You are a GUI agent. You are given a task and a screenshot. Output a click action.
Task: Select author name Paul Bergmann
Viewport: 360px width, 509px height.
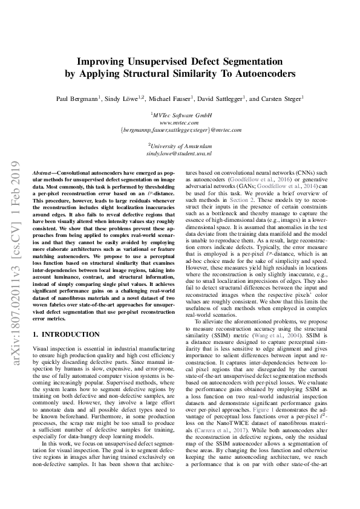[77, 98]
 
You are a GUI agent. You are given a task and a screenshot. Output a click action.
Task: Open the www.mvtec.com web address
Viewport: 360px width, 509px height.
[180, 122]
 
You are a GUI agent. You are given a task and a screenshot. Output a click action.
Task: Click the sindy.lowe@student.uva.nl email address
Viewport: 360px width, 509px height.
[180, 155]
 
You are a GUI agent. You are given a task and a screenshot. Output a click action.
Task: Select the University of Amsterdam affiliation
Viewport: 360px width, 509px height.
[181, 146]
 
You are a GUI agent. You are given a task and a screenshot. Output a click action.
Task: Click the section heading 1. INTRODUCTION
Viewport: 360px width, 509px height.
[66, 334]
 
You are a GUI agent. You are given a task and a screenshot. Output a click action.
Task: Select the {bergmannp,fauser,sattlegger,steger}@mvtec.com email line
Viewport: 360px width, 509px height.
[180, 129]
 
